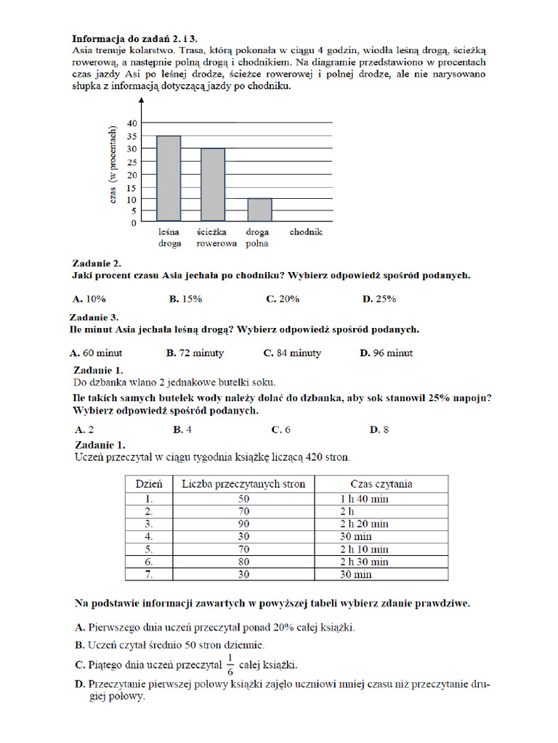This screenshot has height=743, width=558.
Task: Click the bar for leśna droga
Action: click(169, 178)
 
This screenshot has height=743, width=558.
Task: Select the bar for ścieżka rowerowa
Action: click(213, 185)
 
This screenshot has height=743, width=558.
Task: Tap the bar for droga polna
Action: click(259, 210)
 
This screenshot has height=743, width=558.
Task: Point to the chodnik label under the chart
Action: click(306, 232)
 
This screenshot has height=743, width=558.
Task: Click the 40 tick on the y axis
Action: click(131, 123)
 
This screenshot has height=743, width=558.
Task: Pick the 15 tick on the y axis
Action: click(131, 186)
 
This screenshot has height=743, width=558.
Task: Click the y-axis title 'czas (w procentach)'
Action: click(113, 166)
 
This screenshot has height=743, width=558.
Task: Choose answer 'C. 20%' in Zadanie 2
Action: click(282, 299)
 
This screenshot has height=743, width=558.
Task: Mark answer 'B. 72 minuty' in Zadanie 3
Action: click(195, 353)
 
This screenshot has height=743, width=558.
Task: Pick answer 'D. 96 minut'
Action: click(386, 353)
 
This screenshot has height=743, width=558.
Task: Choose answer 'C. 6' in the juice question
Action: click(280, 430)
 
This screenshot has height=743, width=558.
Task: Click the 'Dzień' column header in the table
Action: click(148, 484)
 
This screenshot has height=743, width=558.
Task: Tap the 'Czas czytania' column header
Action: click(381, 484)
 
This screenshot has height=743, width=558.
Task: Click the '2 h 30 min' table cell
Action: click(364, 562)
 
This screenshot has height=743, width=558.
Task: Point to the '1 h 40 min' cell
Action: click(364, 499)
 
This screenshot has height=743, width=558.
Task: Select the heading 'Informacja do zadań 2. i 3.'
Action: click(134, 38)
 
